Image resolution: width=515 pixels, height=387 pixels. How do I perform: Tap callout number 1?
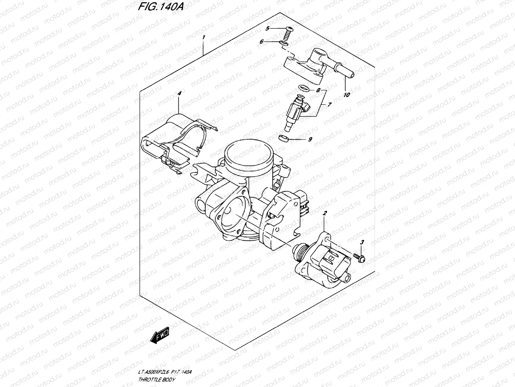pyautogui.click(x=203, y=38)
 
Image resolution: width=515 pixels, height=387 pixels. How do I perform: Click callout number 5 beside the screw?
pyautogui.click(x=267, y=29)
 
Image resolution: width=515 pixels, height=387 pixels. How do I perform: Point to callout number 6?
pyautogui.click(x=261, y=42)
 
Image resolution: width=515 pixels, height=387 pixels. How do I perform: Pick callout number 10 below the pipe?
pyautogui.click(x=347, y=95)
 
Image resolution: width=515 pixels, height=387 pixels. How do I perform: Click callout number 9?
pyautogui.click(x=310, y=140)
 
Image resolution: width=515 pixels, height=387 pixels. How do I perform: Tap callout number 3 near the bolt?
pyautogui.click(x=362, y=242)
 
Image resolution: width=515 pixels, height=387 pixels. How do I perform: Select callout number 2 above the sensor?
pyautogui.click(x=325, y=213)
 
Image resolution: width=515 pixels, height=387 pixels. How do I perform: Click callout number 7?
pyautogui.click(x=330, y=105)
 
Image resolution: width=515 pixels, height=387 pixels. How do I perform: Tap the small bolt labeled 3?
pyautogui.click(x=359, y=257)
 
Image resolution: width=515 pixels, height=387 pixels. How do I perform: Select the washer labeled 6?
pyautogui.click(x=284, y=43)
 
